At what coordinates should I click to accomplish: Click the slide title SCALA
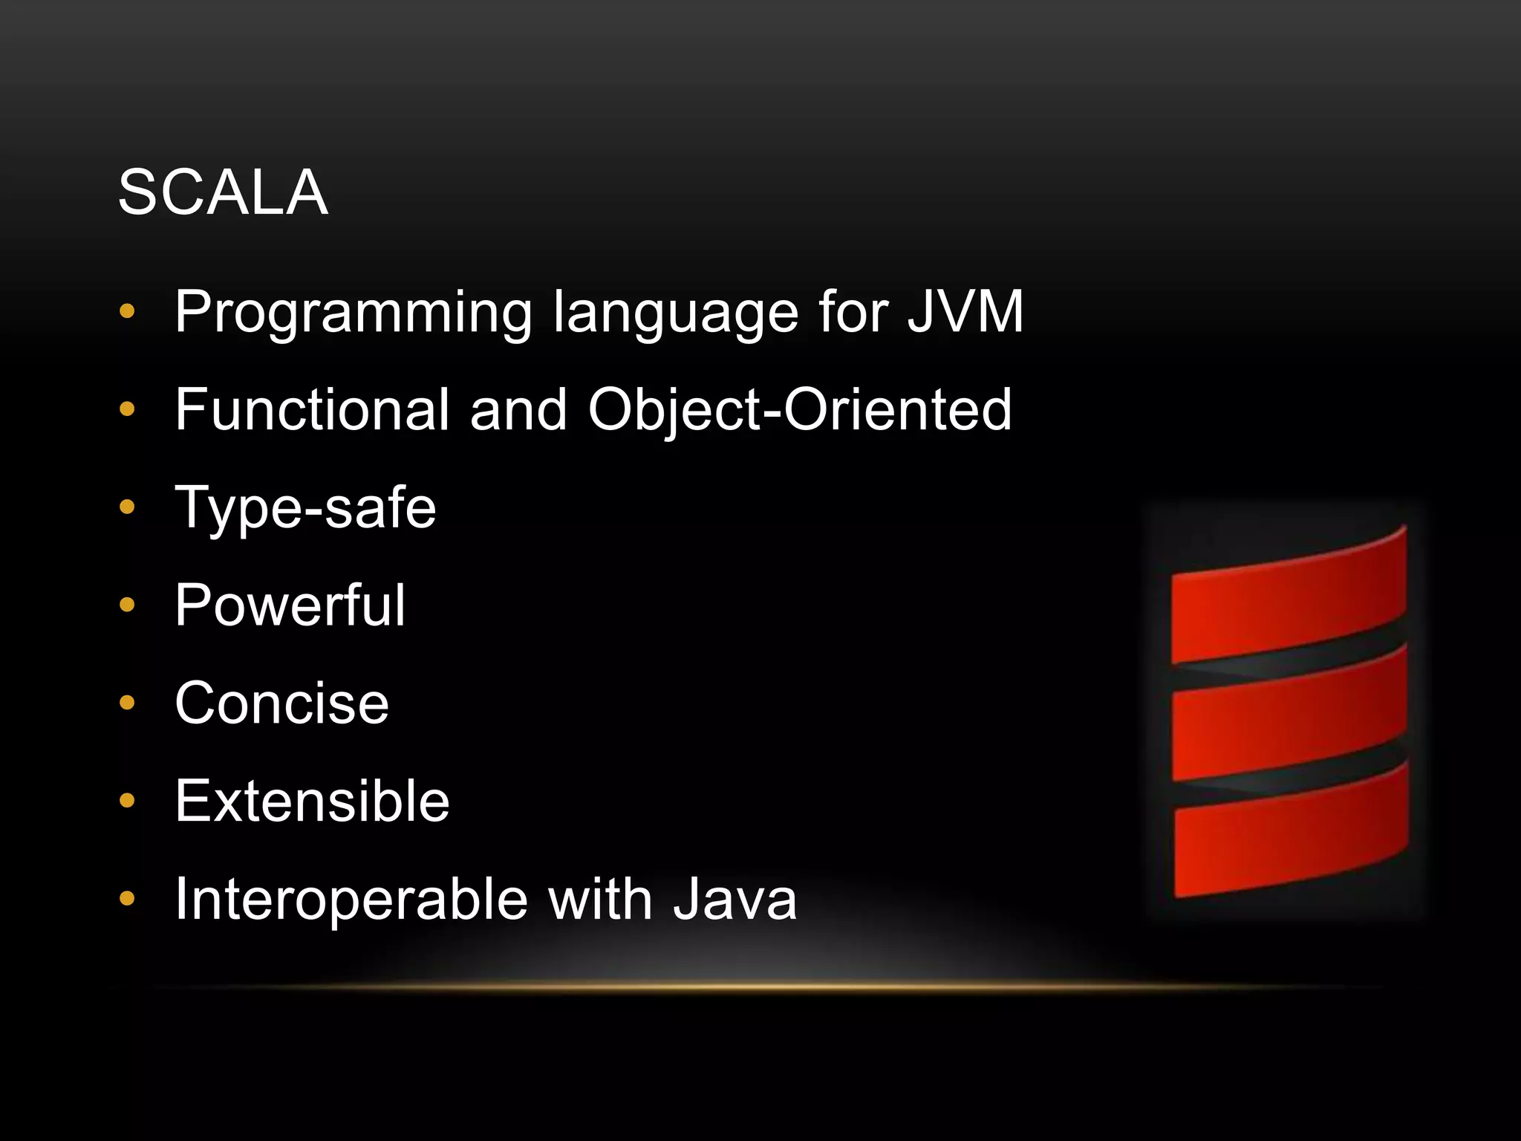[223, 192]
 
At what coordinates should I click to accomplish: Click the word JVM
[965, 311]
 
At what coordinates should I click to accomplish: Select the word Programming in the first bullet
[354, 313]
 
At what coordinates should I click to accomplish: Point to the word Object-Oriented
[800, 410]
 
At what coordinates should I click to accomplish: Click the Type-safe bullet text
[305, 507]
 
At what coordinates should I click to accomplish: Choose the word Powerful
[290, 605]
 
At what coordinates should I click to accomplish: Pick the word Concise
[282, 703]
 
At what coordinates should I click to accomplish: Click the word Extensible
[313, 801]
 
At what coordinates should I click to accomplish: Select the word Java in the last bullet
[735, 900]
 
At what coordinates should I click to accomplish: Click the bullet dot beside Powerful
[127, 605]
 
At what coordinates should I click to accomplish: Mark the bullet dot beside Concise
[127, 703]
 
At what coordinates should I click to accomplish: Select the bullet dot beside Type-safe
[127, 507]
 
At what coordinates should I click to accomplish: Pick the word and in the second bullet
[518, 409]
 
